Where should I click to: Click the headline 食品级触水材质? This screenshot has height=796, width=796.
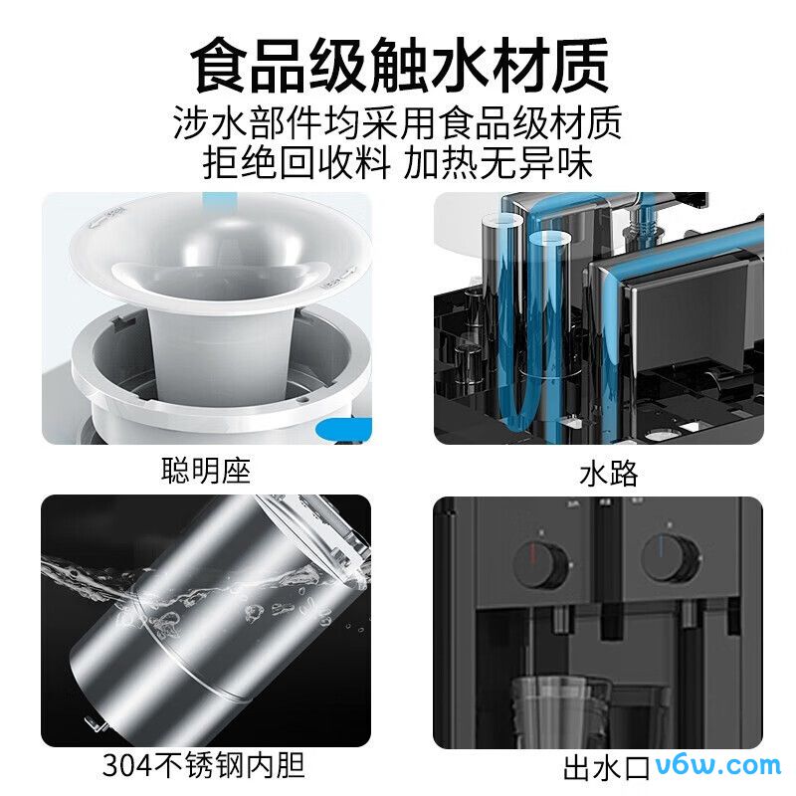[398, 65]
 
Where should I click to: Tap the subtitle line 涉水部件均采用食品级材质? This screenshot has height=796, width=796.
[398, 123]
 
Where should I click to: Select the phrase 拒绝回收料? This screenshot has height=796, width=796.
[297, 162]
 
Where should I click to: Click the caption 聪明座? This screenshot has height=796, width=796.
[206, 471]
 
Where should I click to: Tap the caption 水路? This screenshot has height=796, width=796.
[608, 473]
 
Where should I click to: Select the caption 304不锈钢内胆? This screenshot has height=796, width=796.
[203, 765]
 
